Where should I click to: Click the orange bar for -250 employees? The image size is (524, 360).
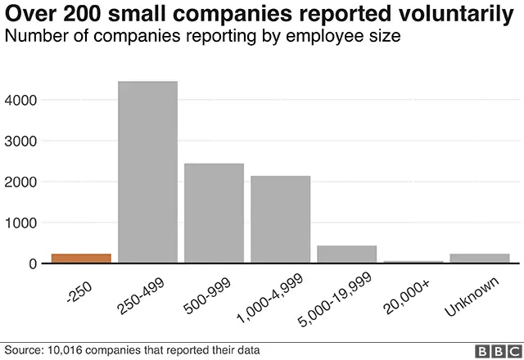click(81, 259)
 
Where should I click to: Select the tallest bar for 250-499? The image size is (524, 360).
click(147, 172)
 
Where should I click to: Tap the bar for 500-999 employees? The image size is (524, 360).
click(214, 213)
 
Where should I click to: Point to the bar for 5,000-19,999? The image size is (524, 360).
click(346, 254)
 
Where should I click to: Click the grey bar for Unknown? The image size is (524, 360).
click(479, 259)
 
